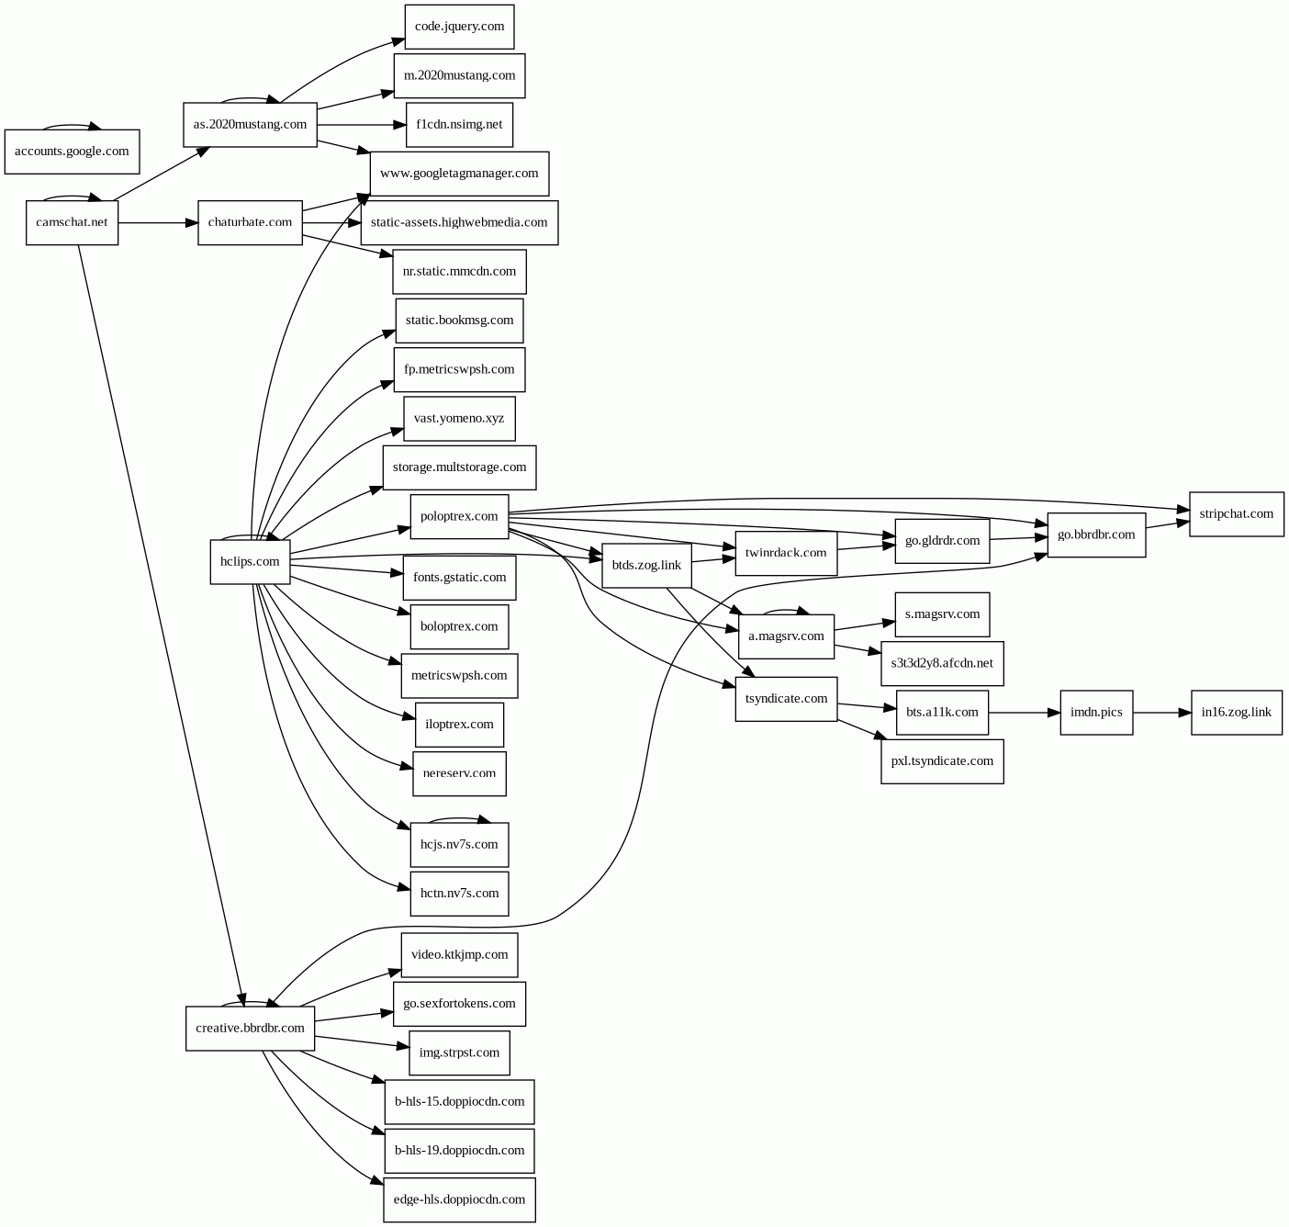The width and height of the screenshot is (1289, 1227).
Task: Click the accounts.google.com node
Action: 72,152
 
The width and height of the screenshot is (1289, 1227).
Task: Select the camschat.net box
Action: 72,222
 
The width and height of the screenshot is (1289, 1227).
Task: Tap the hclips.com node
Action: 250,561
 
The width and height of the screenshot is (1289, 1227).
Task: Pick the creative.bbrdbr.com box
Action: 250,1029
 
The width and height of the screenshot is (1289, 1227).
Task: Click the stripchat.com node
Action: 1236,514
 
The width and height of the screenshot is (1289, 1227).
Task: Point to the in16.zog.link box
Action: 1236,713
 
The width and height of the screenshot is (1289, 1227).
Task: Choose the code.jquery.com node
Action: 459,27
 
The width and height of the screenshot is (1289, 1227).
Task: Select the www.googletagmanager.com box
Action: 459,174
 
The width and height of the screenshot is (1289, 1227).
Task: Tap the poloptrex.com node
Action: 459,516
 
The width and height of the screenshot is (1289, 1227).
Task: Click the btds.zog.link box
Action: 646,565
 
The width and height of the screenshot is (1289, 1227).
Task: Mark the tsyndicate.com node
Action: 786,699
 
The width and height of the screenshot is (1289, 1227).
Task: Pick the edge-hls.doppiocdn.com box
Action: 459,1199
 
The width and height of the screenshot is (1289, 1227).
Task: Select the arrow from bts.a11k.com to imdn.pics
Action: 1024,713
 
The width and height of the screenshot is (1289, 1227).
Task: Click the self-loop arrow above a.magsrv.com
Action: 785,609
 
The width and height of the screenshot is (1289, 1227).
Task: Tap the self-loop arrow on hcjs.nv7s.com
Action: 459,817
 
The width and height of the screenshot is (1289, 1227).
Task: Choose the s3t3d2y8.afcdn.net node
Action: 942,663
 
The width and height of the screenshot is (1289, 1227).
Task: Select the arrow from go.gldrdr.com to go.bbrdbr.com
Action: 1018,538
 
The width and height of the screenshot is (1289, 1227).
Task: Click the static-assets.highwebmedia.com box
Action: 459,222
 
